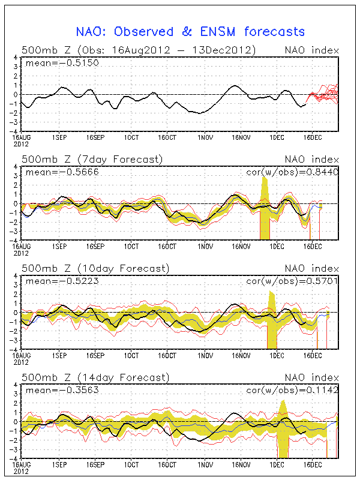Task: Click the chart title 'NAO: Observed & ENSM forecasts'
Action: [190, 32]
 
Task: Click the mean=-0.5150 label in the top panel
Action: [49, 62]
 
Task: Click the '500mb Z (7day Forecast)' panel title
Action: [91, 159]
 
